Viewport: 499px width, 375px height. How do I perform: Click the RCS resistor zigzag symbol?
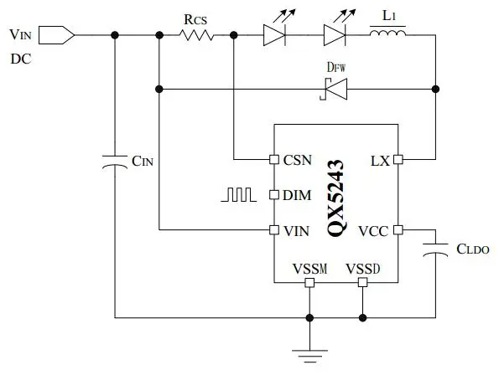pyautogui.click(x=196, y=35)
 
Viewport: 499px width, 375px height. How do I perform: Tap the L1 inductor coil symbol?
pyautogui.click(x=387, y=33)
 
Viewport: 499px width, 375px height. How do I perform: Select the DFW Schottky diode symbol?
pyautogui.click(x=333, y=90)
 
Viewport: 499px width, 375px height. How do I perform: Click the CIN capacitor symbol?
pyautogui.click(x=115, y=162)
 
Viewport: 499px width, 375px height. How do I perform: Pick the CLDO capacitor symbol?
pyautogui.click(x=435, y=249)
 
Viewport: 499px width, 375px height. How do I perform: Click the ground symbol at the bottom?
pyautogui.click(x=309, y=356)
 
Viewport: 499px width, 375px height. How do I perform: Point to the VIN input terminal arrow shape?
pyautogui.click(x=57, y=35)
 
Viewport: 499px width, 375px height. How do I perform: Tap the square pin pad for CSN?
pyautogui.click(x=274, y=159)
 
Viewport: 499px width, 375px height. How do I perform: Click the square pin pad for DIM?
pyautogui.click(x=274, y=195)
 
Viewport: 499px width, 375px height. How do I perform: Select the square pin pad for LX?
pyautogui.click(x=398, y=159)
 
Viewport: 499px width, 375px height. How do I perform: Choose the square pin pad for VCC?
pyautogui.click(x=398, y=230)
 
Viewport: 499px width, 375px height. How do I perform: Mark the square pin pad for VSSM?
pyautogui.click(x=309, y=282)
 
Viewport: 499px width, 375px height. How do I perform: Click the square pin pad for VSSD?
pyautogui.click(x=362, y=282)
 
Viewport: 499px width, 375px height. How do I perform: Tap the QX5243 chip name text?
pyautogui.click(x=335, y=198)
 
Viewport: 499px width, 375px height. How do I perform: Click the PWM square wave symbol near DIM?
pyautogui.click(x=238, y=195)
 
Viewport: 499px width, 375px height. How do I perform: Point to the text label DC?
pyautogui.click(x=21, y=59)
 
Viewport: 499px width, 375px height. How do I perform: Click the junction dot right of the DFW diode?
pyautogui.click(x=435, y=90)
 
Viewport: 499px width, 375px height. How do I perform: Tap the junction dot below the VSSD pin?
pyautogui.click(x=362, y=317)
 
